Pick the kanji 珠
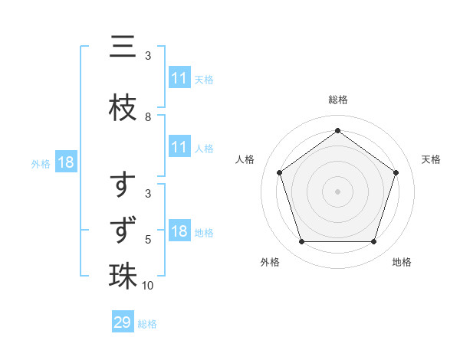[x=123, y=274]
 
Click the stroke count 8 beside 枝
[x=148, y=117]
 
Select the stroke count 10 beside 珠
[x=149, y=285]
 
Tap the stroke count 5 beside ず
[x=148, y=240]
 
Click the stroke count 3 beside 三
[x=148, y=56]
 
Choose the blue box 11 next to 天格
[x=179, y=78]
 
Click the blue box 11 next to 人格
[x=179, y=147]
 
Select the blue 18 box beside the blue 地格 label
[x=179, y=231]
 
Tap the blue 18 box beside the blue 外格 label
[x=66, y=162]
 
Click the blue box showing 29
[x=123, y=322]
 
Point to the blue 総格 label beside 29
[x=148, y=323]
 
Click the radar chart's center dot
[x=337, y=191]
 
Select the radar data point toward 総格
[x=337, y=130]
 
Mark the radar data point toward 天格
[x=396, y=172]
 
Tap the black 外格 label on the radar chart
[x=270, y=262]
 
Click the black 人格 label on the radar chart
[x=245, y=159]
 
